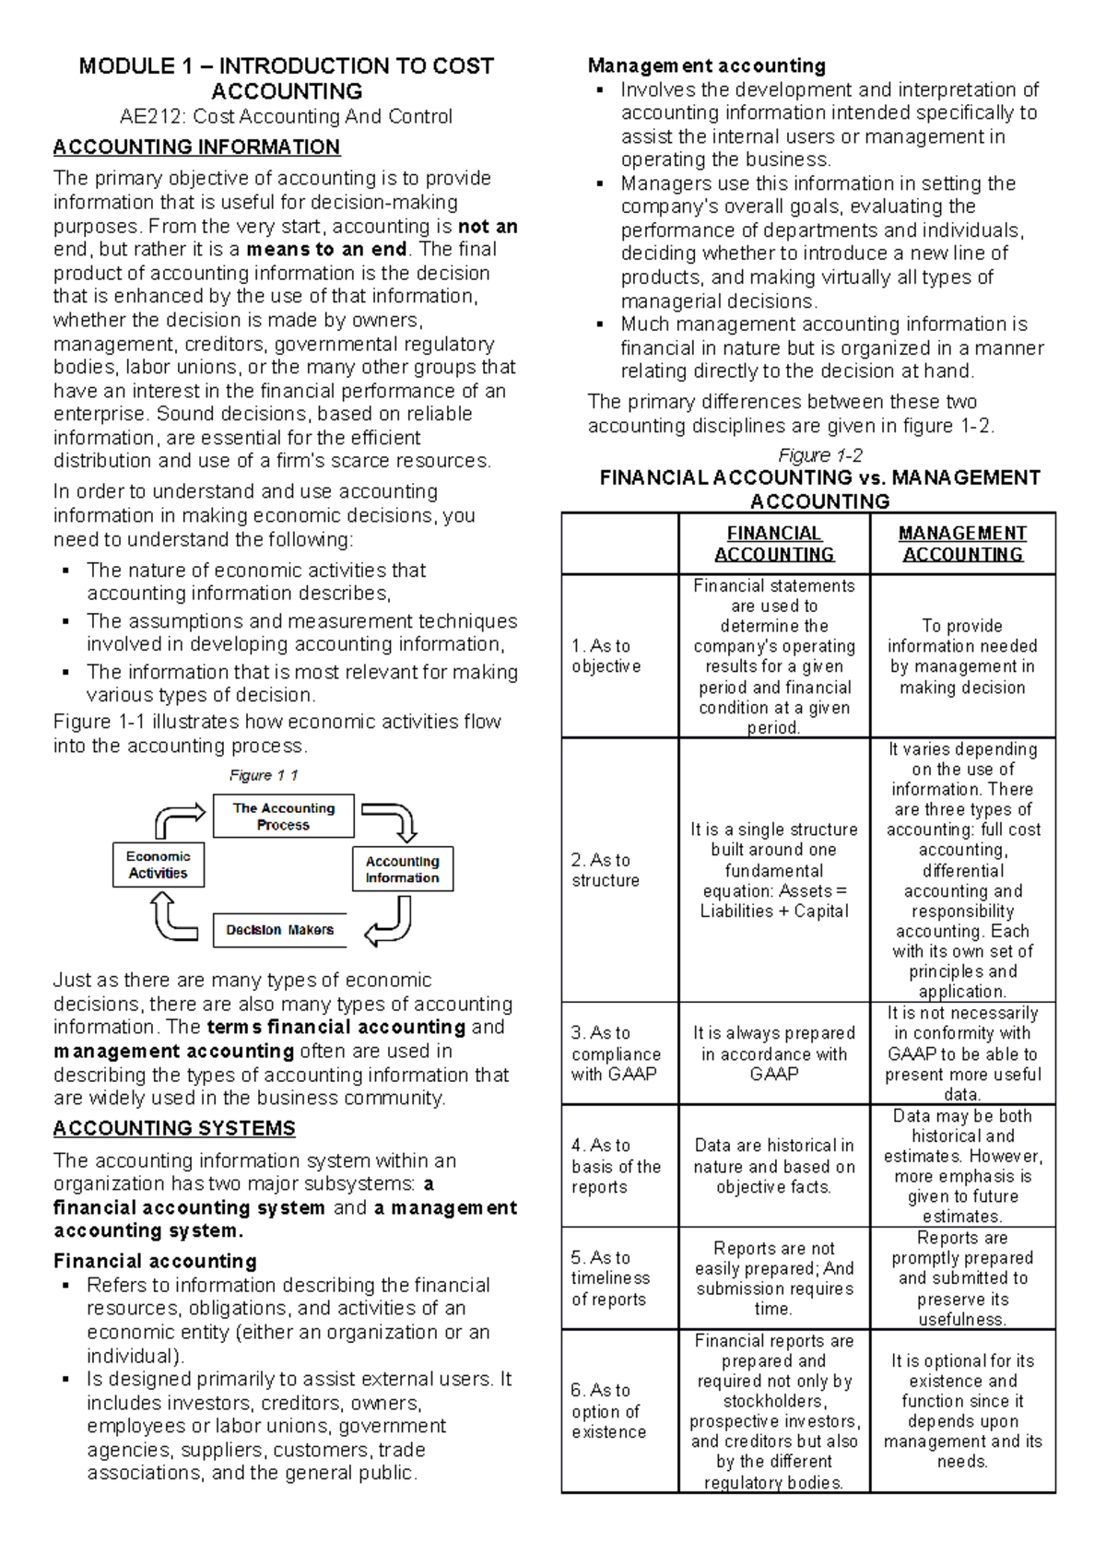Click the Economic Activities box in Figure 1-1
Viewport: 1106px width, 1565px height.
(x=158, y=865)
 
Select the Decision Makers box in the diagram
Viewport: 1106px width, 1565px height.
(x=280, y=930)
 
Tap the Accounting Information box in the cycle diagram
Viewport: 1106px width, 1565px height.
(x=402, y=869)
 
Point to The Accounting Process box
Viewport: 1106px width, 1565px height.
(x=283, y=817)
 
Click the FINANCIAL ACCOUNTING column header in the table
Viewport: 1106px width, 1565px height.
(x=774, y=544)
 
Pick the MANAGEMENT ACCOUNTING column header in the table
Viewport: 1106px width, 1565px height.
(x=962, y=544)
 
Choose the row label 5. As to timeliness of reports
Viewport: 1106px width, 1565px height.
(x=610, y=1278)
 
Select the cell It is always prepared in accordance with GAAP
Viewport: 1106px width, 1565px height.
(x=774, y=1053)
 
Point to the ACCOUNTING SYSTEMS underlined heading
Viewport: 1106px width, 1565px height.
(x=174, y=1128)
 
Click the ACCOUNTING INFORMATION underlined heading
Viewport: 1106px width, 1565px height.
(x=196, y=147)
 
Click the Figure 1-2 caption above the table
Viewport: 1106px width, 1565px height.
(x=819, y=455)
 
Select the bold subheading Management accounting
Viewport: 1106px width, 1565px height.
(x=706, y=65)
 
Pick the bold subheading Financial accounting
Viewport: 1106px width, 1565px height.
(x=155, y=1261)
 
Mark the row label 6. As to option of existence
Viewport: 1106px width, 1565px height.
(x=608, y=1411)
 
